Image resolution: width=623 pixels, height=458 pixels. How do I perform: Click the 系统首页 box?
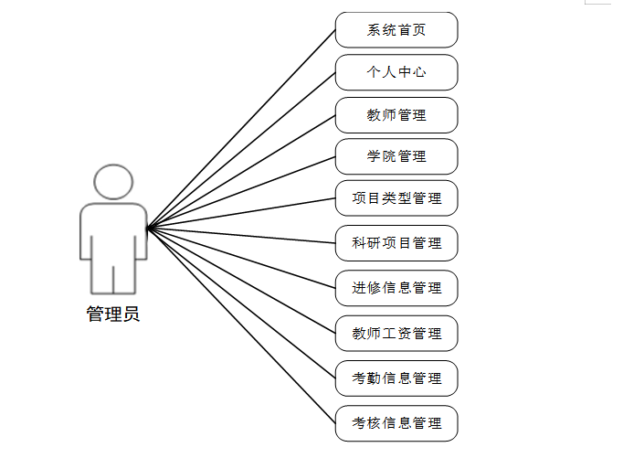pyautogui.click(x=396, y=30)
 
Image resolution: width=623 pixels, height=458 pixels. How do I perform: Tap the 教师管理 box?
pyautogui.click(x=396, y=115)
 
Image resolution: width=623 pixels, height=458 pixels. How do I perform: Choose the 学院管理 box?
pyautogui.click(x=396, y=156)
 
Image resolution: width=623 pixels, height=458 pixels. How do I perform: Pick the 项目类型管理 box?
pyautogui.click(x=396, y=198)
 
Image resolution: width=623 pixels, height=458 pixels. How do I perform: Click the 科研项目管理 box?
pyautogui.click(x=396, y=243)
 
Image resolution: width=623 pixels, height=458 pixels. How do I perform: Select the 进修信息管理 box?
pyautogui.click(x=396, y=288)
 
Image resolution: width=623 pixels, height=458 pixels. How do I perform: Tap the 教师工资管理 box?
pyautogui.click(x=396, y=333)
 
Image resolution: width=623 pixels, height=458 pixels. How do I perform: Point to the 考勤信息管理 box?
pyautogui.click(x=396, y=378)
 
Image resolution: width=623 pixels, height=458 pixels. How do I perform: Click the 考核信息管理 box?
pyautogui.click(x=396, y=423)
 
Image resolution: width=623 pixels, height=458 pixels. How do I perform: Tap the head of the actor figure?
pyautogui.click(x=113, y=182)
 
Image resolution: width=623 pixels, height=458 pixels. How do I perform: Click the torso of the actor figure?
pyautogui.click(x=113, y=233)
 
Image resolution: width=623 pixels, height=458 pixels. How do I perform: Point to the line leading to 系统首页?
pyautogui.click(x=242, y=128)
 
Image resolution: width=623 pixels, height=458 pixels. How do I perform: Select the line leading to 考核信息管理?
pyautogui.click(x=242, y=325)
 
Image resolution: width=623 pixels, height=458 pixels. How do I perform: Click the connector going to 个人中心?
pyautogui.click(x=242, y=149)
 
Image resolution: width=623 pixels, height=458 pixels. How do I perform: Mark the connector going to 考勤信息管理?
pyautogui.click(x=242, y=303)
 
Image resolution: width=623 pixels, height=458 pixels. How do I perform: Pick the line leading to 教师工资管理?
pyautogui.click(x=242, y=280)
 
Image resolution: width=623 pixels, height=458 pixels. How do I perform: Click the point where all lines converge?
pyautogui.click(x=148, y=227)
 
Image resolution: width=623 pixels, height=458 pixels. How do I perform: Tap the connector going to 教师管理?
pyautogui.click(x=242, y=171)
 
